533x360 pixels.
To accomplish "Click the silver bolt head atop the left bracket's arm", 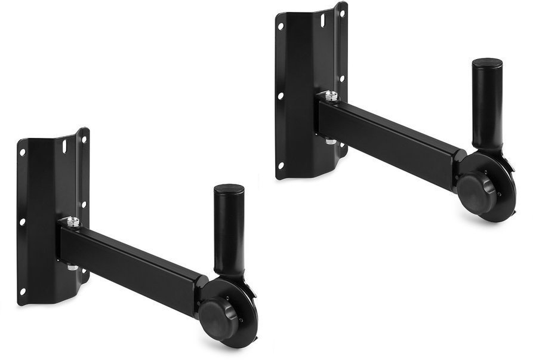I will pyautogui.click(x=73, y=222).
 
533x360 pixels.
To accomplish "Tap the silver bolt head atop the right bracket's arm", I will pyautogui.click(x=331, y=96).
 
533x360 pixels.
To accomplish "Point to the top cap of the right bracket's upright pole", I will pyautogui.click(x=487, y=63).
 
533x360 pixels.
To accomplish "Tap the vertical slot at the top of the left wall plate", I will pyautogui.click(x=64, y=145).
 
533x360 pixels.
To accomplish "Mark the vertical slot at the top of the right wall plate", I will pyautogui.click(x=323, y=20).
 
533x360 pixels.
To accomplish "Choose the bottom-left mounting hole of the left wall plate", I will pyautogui.click(x=23, y=291).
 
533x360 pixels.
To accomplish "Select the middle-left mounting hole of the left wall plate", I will pyautogui.click(x=22, y=221).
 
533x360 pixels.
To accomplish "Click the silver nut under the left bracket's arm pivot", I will pyautogui.click(x=72, y=267).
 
